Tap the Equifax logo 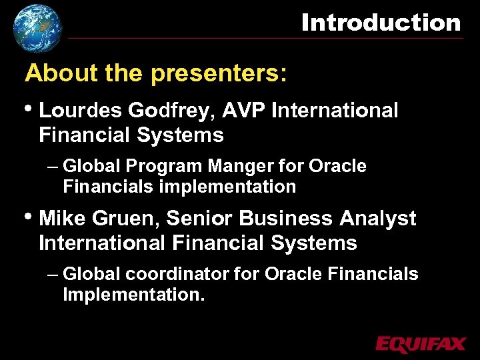[x=420, y=343]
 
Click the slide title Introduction [x=381, y=23]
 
